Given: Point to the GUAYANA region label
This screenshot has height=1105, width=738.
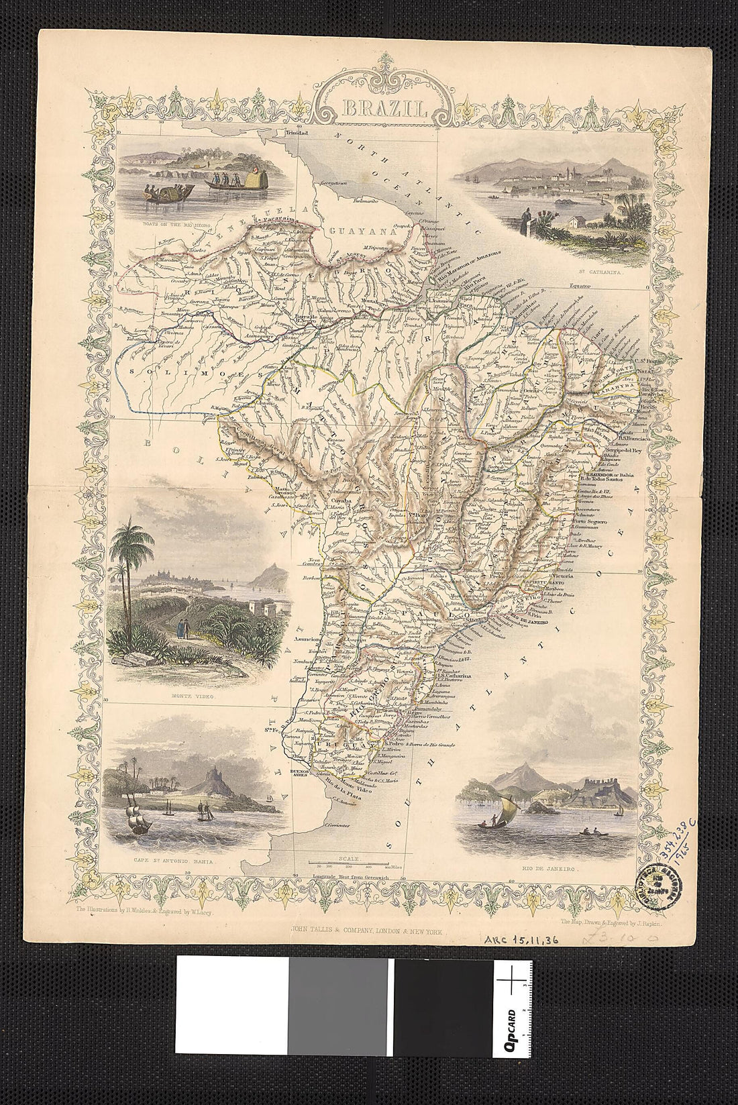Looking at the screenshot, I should [x=352, y=230].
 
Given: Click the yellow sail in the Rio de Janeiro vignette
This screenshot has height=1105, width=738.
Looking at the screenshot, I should [x=509, y=805].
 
